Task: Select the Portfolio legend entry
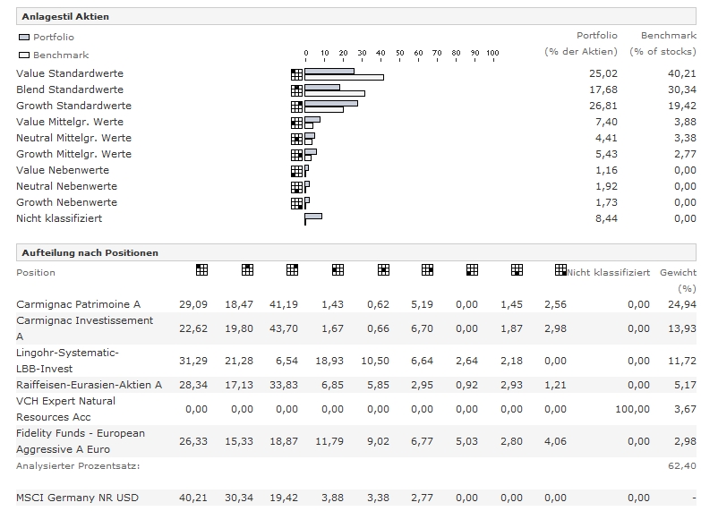pyautogui.click(x=47, y=38)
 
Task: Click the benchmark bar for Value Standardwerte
pyautogui.click(x=344, y=77)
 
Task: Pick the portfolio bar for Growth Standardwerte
pyautogui.click(x=330, y=103)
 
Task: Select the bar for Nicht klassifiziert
pyautogui.click(x=312, y=216)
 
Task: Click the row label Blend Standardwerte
pyautogui.click(x=70, y=89)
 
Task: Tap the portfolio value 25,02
pyautogui.click(x=604, y=73)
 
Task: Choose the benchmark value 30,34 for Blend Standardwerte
pyautogui.click(x=682, y=89)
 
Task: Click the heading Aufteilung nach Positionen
pyautogui.click(x=89, y=252)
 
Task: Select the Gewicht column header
pyautogui.click(x=678, y=272)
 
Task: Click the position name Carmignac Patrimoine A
pyautogui.click(x=78, y=304)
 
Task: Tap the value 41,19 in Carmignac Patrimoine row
pyautogui.click(x=286, y=304)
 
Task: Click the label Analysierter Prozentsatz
pyautogui.click(x=78, y=466)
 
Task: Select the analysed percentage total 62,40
pyautogui.click(x=683, y=466)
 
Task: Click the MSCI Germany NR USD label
pyautogui.click(x=77, y=498)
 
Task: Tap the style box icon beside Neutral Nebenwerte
pyautogui.click(x=296, y=187)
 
